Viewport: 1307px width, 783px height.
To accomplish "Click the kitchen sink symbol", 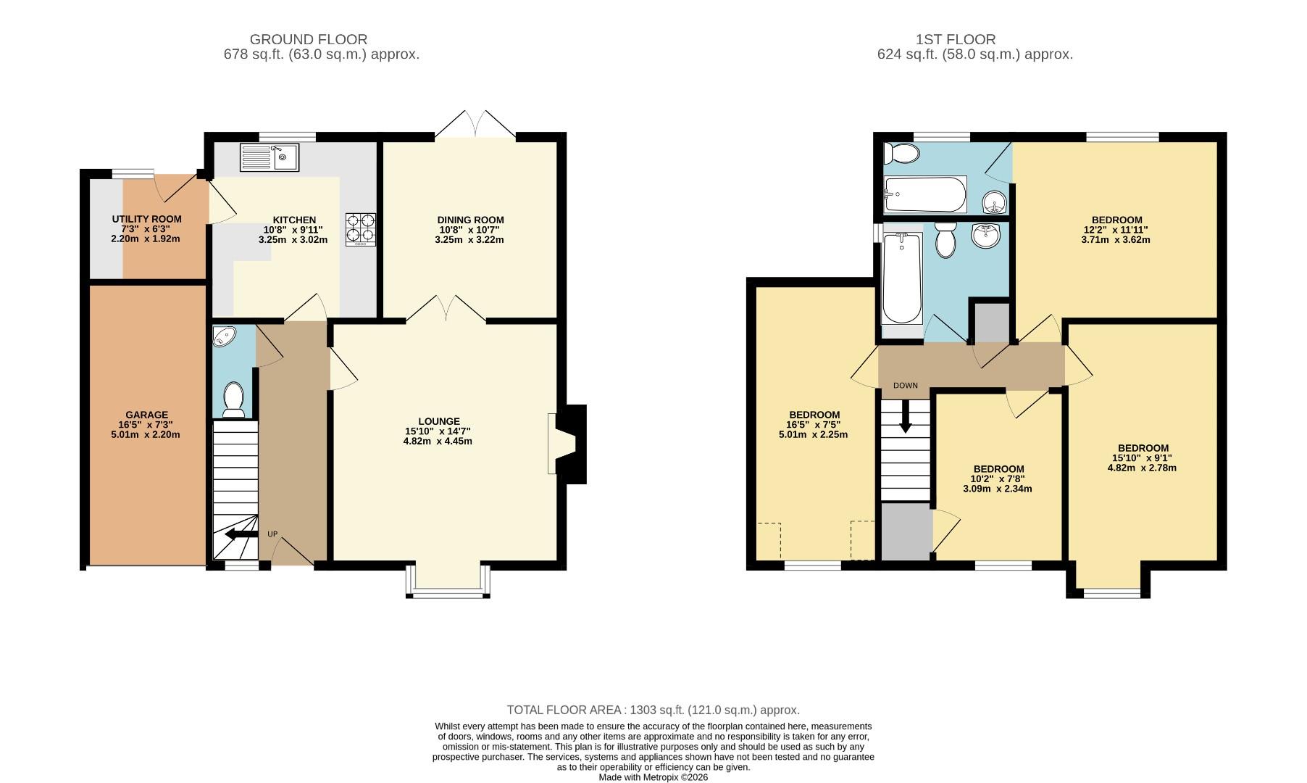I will click(x=269, y=157).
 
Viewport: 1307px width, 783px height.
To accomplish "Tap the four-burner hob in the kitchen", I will click(x=361, y=228).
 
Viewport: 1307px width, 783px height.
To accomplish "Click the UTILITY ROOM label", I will click(x=146, y=219).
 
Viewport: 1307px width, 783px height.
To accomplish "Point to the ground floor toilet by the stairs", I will click(x=233, y=399).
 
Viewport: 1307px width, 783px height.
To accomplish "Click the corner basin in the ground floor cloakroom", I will click(x=225, y=337).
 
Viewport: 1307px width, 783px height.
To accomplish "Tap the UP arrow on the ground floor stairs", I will click(x=241, y=535).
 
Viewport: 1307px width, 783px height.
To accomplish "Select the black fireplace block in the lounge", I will click(x=574, y=444).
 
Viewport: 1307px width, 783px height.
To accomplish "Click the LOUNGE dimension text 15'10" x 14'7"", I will click(x=438, y=431).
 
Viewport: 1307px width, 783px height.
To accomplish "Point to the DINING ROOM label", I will click(x=470, y=220).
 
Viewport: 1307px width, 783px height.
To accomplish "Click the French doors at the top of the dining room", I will click(x=475, y=125).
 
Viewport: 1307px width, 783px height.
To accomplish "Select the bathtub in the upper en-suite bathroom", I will click(x=925, y=194).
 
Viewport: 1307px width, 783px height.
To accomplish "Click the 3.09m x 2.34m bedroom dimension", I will click(x=997, y=489).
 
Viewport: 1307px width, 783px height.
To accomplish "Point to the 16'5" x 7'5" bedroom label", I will click(x=812, y=425).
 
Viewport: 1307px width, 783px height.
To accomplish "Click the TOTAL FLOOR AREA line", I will click(x=653, y=710).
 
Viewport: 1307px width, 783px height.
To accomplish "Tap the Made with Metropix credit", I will click(x=653, y=777).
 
